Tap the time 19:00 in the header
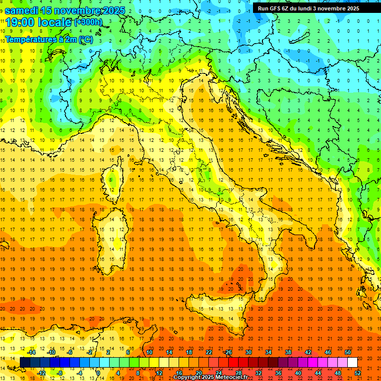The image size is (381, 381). coord(19,22)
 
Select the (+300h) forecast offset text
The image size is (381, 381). coord(88,22)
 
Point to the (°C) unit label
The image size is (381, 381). coord(85,39)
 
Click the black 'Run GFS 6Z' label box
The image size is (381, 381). coord(316,8)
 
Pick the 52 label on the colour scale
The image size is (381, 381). coord(358,373)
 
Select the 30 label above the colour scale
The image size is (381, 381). coord(248,352)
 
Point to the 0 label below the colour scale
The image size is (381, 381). coord(98,373)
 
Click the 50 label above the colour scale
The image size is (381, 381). coord(348,352)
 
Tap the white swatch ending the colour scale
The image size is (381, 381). coord(352,363)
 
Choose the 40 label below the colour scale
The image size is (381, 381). coord(298,373)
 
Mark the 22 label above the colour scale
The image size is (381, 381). coord(208,352)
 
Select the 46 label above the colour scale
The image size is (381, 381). coord(327,352)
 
